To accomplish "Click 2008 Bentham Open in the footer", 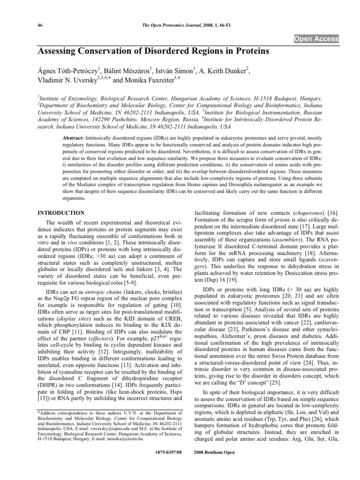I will coord(219,467).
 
